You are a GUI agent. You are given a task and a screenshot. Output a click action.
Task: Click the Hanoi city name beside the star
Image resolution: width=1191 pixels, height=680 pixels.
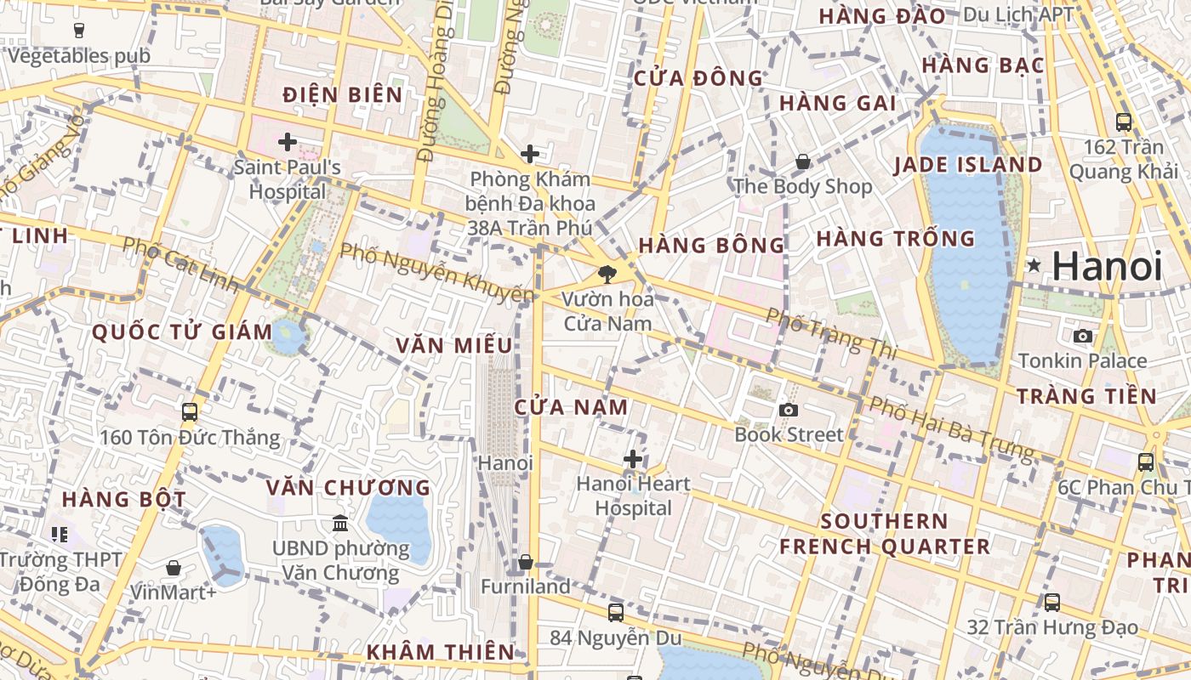click(x=1107, y=266)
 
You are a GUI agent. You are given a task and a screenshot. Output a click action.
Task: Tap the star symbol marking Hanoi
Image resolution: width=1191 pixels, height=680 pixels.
click(x=1034, y=266)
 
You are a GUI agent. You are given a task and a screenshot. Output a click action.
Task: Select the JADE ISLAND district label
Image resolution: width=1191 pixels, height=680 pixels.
click(x=968, y=165)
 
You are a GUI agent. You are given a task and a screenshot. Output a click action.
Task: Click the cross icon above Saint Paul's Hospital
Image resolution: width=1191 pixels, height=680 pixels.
click(x=288, y=141)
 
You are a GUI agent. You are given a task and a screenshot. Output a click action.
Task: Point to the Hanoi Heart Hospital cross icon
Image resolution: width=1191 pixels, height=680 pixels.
click(x=633, y=459)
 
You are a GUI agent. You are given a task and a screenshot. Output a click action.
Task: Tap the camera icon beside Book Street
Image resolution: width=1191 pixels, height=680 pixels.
click(x=789, y=411)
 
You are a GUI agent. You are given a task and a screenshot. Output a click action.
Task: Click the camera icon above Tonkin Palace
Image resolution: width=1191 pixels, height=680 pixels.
click(x=1083, y=336)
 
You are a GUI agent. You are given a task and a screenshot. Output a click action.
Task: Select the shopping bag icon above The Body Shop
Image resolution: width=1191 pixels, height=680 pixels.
click(x=802, y=161)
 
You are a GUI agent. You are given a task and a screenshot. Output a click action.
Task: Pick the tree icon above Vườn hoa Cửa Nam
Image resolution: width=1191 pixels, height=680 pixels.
click(x=607, y=274)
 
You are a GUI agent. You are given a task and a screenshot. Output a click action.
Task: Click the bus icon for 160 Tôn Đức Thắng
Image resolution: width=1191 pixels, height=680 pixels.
click(x=190, y=412)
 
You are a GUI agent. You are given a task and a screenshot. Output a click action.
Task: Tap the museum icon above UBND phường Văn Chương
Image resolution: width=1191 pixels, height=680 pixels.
click(x=340, y=523)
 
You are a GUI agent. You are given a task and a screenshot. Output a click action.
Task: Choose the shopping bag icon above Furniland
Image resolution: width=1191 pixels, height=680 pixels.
click(x=526, y=562)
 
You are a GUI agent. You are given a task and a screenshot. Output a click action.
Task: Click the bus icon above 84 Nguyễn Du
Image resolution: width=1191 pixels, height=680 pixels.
click(x=616, y=612)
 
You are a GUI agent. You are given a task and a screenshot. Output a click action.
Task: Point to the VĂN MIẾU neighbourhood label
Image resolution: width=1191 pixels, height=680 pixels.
click(x=454, y=345)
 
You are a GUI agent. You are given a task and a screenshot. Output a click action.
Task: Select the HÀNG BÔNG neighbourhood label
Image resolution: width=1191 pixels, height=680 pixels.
click(x=711, y=246)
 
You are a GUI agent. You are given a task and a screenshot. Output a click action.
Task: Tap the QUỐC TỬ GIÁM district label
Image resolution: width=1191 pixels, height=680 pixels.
click(x=182, y=332)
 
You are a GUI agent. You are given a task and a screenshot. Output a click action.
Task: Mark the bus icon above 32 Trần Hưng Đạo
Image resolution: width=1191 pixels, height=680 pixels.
click(x=1052, y=603)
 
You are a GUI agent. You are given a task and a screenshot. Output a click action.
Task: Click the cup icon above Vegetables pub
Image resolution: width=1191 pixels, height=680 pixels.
click(x=79, y=31)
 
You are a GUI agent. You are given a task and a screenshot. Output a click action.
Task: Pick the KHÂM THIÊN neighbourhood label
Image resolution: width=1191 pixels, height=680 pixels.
click(x=440, y=652)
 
